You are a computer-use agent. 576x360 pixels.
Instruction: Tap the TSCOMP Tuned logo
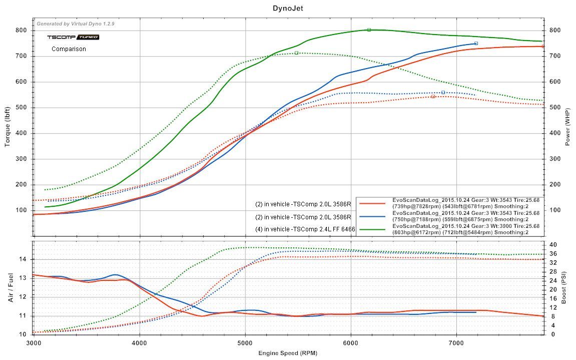73,37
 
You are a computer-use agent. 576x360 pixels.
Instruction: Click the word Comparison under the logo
69,49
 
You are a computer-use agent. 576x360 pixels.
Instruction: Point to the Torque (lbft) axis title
8,126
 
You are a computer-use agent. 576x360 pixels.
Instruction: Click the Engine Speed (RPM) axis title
288,352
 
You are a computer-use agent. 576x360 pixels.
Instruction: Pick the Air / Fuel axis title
11,288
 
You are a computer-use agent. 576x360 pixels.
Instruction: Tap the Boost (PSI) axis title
564,288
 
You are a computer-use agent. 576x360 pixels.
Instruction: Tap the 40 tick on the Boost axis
553,245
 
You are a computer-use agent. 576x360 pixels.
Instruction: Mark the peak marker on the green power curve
369,30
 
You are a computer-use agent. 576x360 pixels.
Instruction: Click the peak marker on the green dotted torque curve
296,53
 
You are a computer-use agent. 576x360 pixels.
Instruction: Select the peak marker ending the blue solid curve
476,44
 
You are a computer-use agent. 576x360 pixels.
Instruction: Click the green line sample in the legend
372,229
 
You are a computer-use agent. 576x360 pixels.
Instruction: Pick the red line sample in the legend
372,203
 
